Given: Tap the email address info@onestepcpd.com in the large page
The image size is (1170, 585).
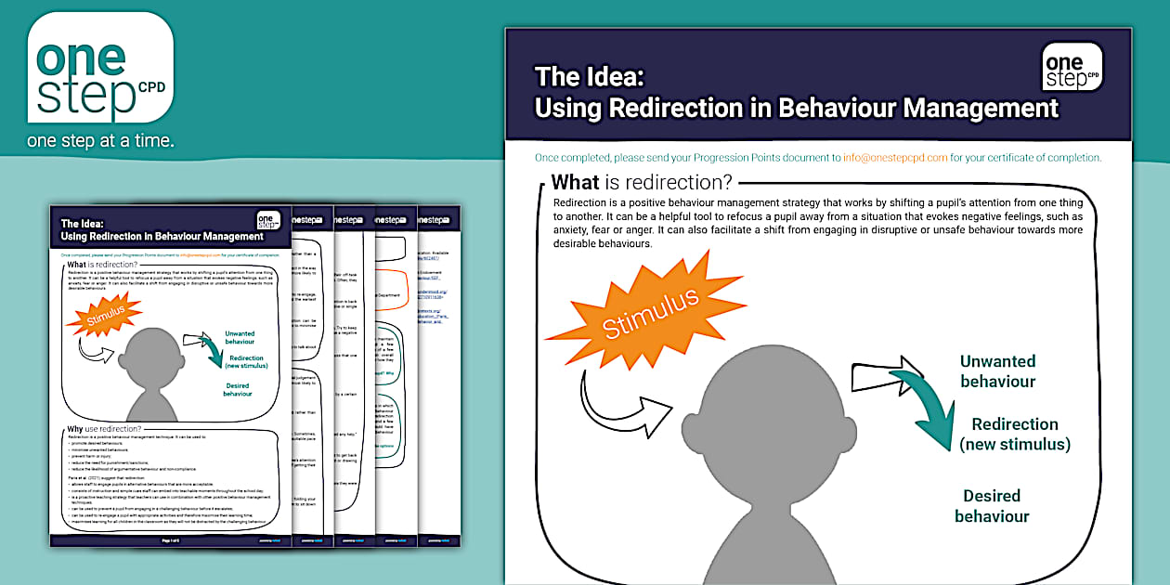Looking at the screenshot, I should [x=895, y=157].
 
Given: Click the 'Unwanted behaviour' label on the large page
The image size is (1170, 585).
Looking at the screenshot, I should [x=997, y=371].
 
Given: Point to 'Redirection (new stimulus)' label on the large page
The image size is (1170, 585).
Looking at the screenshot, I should [x=1015, y=434].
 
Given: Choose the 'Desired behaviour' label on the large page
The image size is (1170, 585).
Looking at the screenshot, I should [x=992, y=506].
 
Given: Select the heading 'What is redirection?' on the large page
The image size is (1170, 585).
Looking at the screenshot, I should [x=642, y=182].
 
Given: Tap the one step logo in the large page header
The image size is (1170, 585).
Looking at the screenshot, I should [x=1072, y=67].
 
